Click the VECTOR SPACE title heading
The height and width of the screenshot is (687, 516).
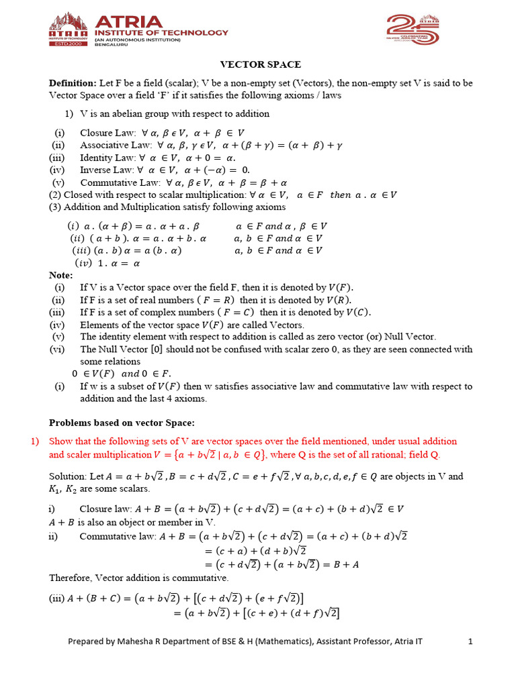pyautogui.click(x=261, y=64)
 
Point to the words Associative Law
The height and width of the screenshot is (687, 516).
pyautogui.click(x=112, y=145)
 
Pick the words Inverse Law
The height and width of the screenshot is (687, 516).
pyautogui.click(x=105, y=170)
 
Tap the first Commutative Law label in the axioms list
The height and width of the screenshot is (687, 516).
pyautogui.click(x=116, y=182)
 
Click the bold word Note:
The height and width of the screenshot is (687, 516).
pyautogui.click(x=61, y=275)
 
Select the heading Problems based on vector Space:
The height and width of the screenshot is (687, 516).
pyautogui.click(x=122, y=422)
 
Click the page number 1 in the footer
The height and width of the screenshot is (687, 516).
pyautogui.click(x=471, y=641)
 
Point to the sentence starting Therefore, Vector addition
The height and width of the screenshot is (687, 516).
pyautogui.click(x=138, y=578)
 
